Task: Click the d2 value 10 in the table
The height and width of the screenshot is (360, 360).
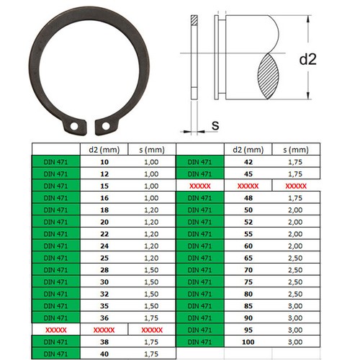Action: (x=104, y=162)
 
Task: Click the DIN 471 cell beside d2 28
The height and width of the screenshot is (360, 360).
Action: (x=55, y=269)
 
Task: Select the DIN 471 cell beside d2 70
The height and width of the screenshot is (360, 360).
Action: (x=199, y=269)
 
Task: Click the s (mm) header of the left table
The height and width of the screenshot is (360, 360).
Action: (x=152, y=150)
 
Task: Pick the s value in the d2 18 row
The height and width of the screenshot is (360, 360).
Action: (x=152, y=209)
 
